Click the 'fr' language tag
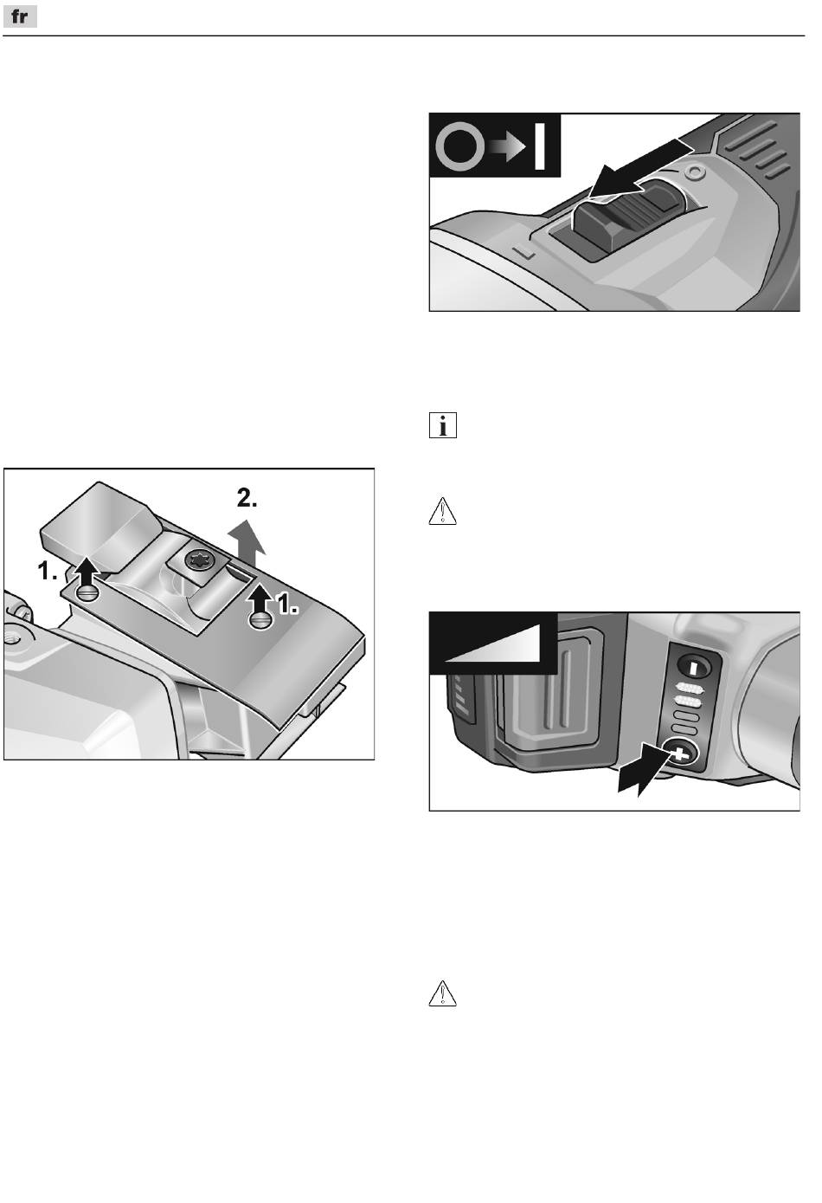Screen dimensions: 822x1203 (x=20, y=17)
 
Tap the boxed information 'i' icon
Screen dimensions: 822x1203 (x=443, y=425)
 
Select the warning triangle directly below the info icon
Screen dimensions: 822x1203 (x=443, y=511)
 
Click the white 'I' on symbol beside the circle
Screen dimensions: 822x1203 (x=540, y=146)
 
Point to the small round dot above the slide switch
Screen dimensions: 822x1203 (x=695, y=172)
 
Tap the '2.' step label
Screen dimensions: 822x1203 (x=247, y=499)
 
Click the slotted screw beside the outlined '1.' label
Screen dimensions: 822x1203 (x=260, y=620)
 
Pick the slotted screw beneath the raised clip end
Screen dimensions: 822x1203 (x=88, y=593)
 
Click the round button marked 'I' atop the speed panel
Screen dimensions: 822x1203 (x=694, y=668)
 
